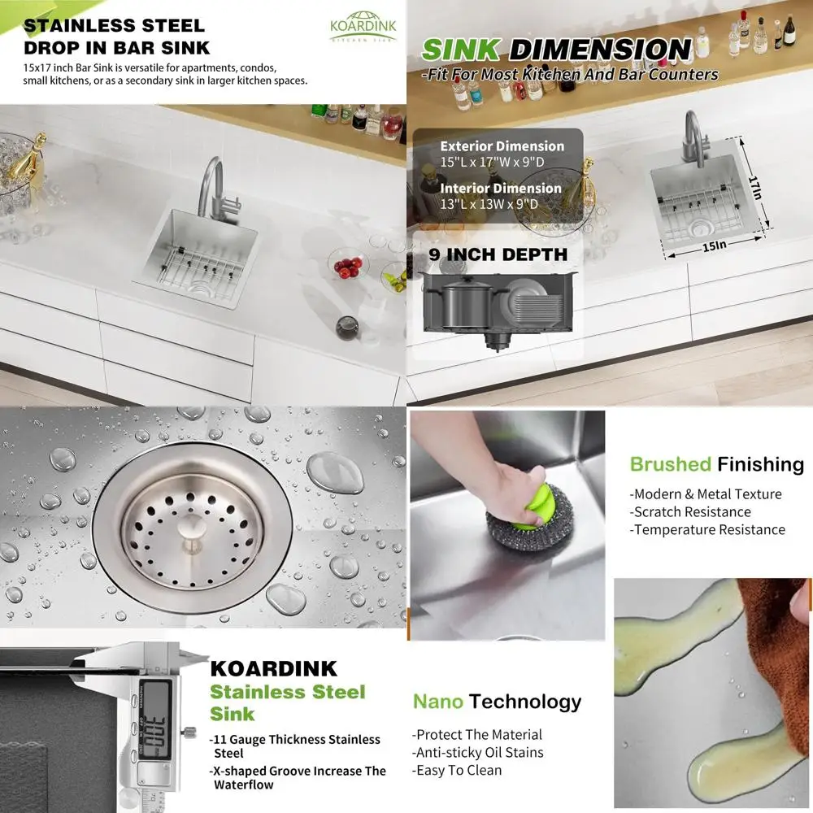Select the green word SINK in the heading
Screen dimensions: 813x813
pos(460,50)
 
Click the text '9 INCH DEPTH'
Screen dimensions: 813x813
pos(498,254)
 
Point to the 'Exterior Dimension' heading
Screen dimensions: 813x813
pos(502,146)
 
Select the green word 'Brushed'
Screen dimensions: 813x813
pos(670,464)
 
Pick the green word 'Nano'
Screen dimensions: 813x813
pos(437,702)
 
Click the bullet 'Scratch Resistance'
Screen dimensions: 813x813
pos(690,512)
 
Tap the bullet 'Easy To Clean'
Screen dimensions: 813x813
pos(457,770)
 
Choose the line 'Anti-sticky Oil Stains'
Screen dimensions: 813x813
pos(477,753)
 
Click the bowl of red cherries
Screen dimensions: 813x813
pos(348,266)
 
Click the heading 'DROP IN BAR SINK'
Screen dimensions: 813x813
pos(116,47)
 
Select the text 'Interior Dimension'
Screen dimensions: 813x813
pos(501,189)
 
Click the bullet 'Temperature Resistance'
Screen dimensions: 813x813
pos(707,530)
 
